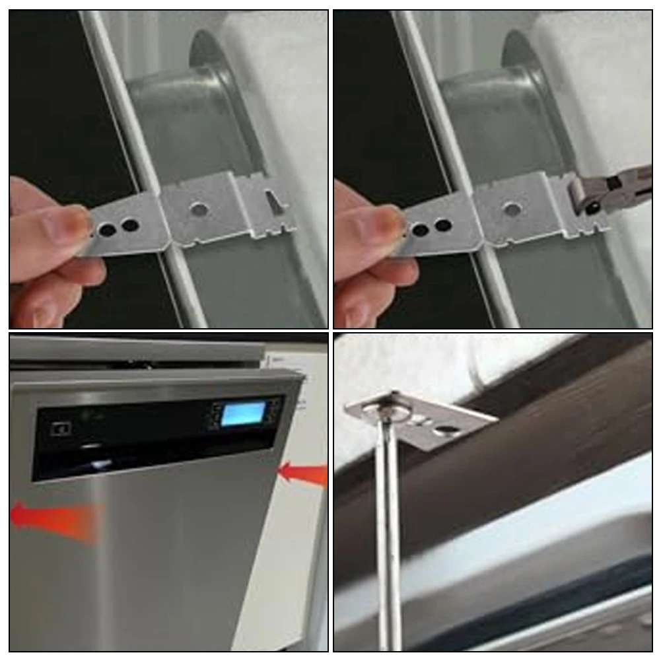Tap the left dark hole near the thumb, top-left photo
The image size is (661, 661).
point(106,230)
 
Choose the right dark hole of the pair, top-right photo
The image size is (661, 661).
point(443,225)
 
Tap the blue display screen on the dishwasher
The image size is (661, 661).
point(241,414)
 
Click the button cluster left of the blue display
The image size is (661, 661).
point(215,417)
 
